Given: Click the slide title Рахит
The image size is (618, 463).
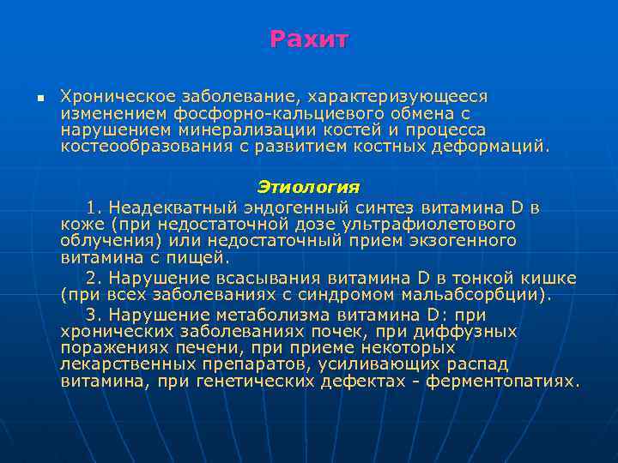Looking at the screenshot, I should point(309,39).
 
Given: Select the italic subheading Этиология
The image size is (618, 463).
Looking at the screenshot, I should point(308,187).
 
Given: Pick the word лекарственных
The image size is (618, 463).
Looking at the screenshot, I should point(126,364).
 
